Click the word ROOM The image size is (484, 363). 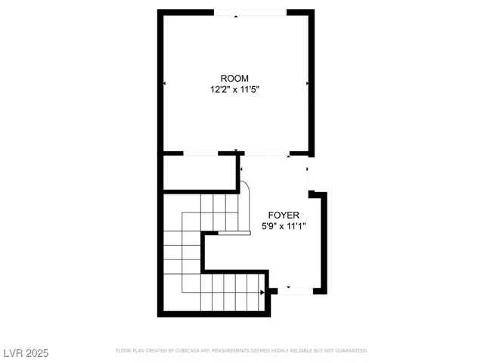coord(234,79)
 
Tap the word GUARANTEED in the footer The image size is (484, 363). coord(350,351)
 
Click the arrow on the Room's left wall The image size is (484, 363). coord(164,82)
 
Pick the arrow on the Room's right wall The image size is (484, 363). coord(307,82)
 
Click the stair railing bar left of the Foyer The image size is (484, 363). coord(234,234)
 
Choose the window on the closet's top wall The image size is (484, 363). coord(200,154)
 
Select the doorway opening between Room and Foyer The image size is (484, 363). coord(265,154)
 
